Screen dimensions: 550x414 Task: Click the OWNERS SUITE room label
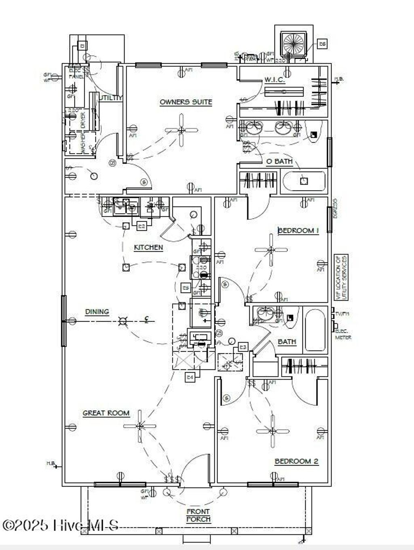click(186, 102)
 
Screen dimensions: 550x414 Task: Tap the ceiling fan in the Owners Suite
click(182, 130)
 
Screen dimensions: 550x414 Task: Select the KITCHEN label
click(148, 247)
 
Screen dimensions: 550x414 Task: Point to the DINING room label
click(97, 312)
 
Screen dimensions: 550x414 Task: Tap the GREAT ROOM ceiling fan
click(139, 426)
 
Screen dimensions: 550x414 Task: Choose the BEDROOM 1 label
click(298, 230)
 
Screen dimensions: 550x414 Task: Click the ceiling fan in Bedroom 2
click(272, 430)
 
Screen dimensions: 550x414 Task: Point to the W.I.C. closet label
click(275, 80)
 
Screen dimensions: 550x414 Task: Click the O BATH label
click(279, 161)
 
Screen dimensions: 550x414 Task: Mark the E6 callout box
click(322, 44)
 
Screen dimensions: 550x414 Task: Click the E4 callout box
click(190, 377)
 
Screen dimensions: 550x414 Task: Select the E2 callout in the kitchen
click(142, 226)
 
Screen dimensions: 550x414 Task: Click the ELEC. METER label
click(343, 334)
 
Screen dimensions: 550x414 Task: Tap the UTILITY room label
click(110, 98)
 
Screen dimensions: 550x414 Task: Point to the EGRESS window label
click(335, 208)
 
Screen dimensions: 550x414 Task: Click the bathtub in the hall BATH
click(315, 330)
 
